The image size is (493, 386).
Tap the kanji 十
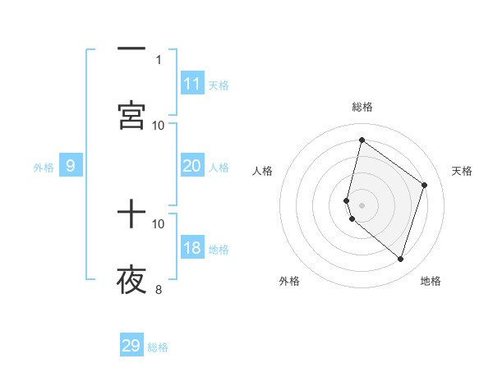(x=131, y=215)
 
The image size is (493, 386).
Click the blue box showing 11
(x=192, y=84)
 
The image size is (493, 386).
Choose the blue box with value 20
(x=192, y=166)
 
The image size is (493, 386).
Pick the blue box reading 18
(x=192, y=249)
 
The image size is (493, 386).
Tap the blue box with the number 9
(x=71, y=166)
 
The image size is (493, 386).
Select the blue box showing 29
(x=131, y=346)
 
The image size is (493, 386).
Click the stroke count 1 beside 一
(x=159, y=59)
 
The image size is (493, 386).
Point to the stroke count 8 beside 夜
(x=159, y=289)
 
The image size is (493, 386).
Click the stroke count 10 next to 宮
(x=159, y=125)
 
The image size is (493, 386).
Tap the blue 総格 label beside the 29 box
(x=159, y=347)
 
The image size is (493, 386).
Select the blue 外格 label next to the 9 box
(x=44, y=168)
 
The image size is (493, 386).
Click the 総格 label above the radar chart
(x=362, y=107)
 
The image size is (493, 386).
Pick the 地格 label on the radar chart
(x=431, y=281)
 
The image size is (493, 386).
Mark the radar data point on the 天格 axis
(x=425, y=185)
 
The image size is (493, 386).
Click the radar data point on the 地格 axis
(x=400, y=259)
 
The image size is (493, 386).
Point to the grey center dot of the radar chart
(x=362, y=204)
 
